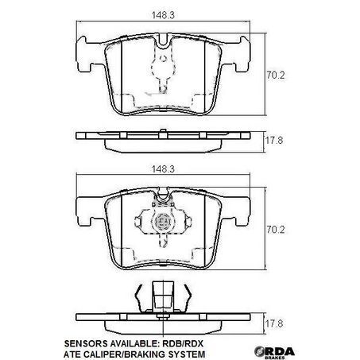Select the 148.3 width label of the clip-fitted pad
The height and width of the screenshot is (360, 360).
[x=165, y=168]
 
